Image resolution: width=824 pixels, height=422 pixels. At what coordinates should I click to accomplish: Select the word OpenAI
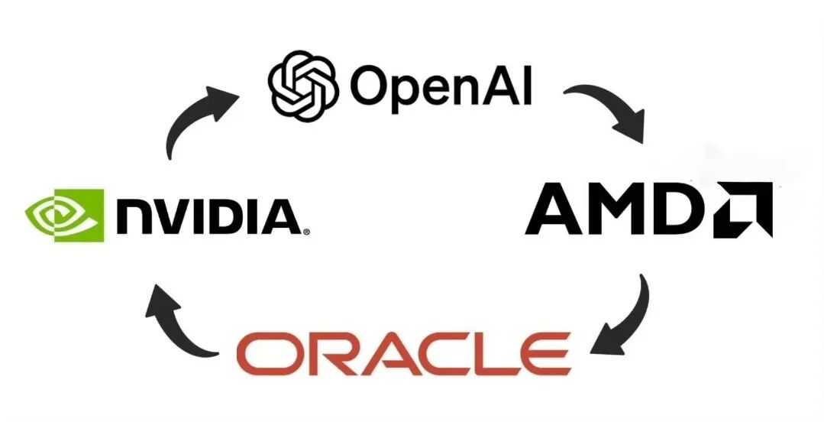coord(440,85)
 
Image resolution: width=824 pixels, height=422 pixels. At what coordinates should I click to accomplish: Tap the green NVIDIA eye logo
coord(64,215)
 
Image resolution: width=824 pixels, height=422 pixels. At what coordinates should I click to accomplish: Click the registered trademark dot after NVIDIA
coord(306,230)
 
